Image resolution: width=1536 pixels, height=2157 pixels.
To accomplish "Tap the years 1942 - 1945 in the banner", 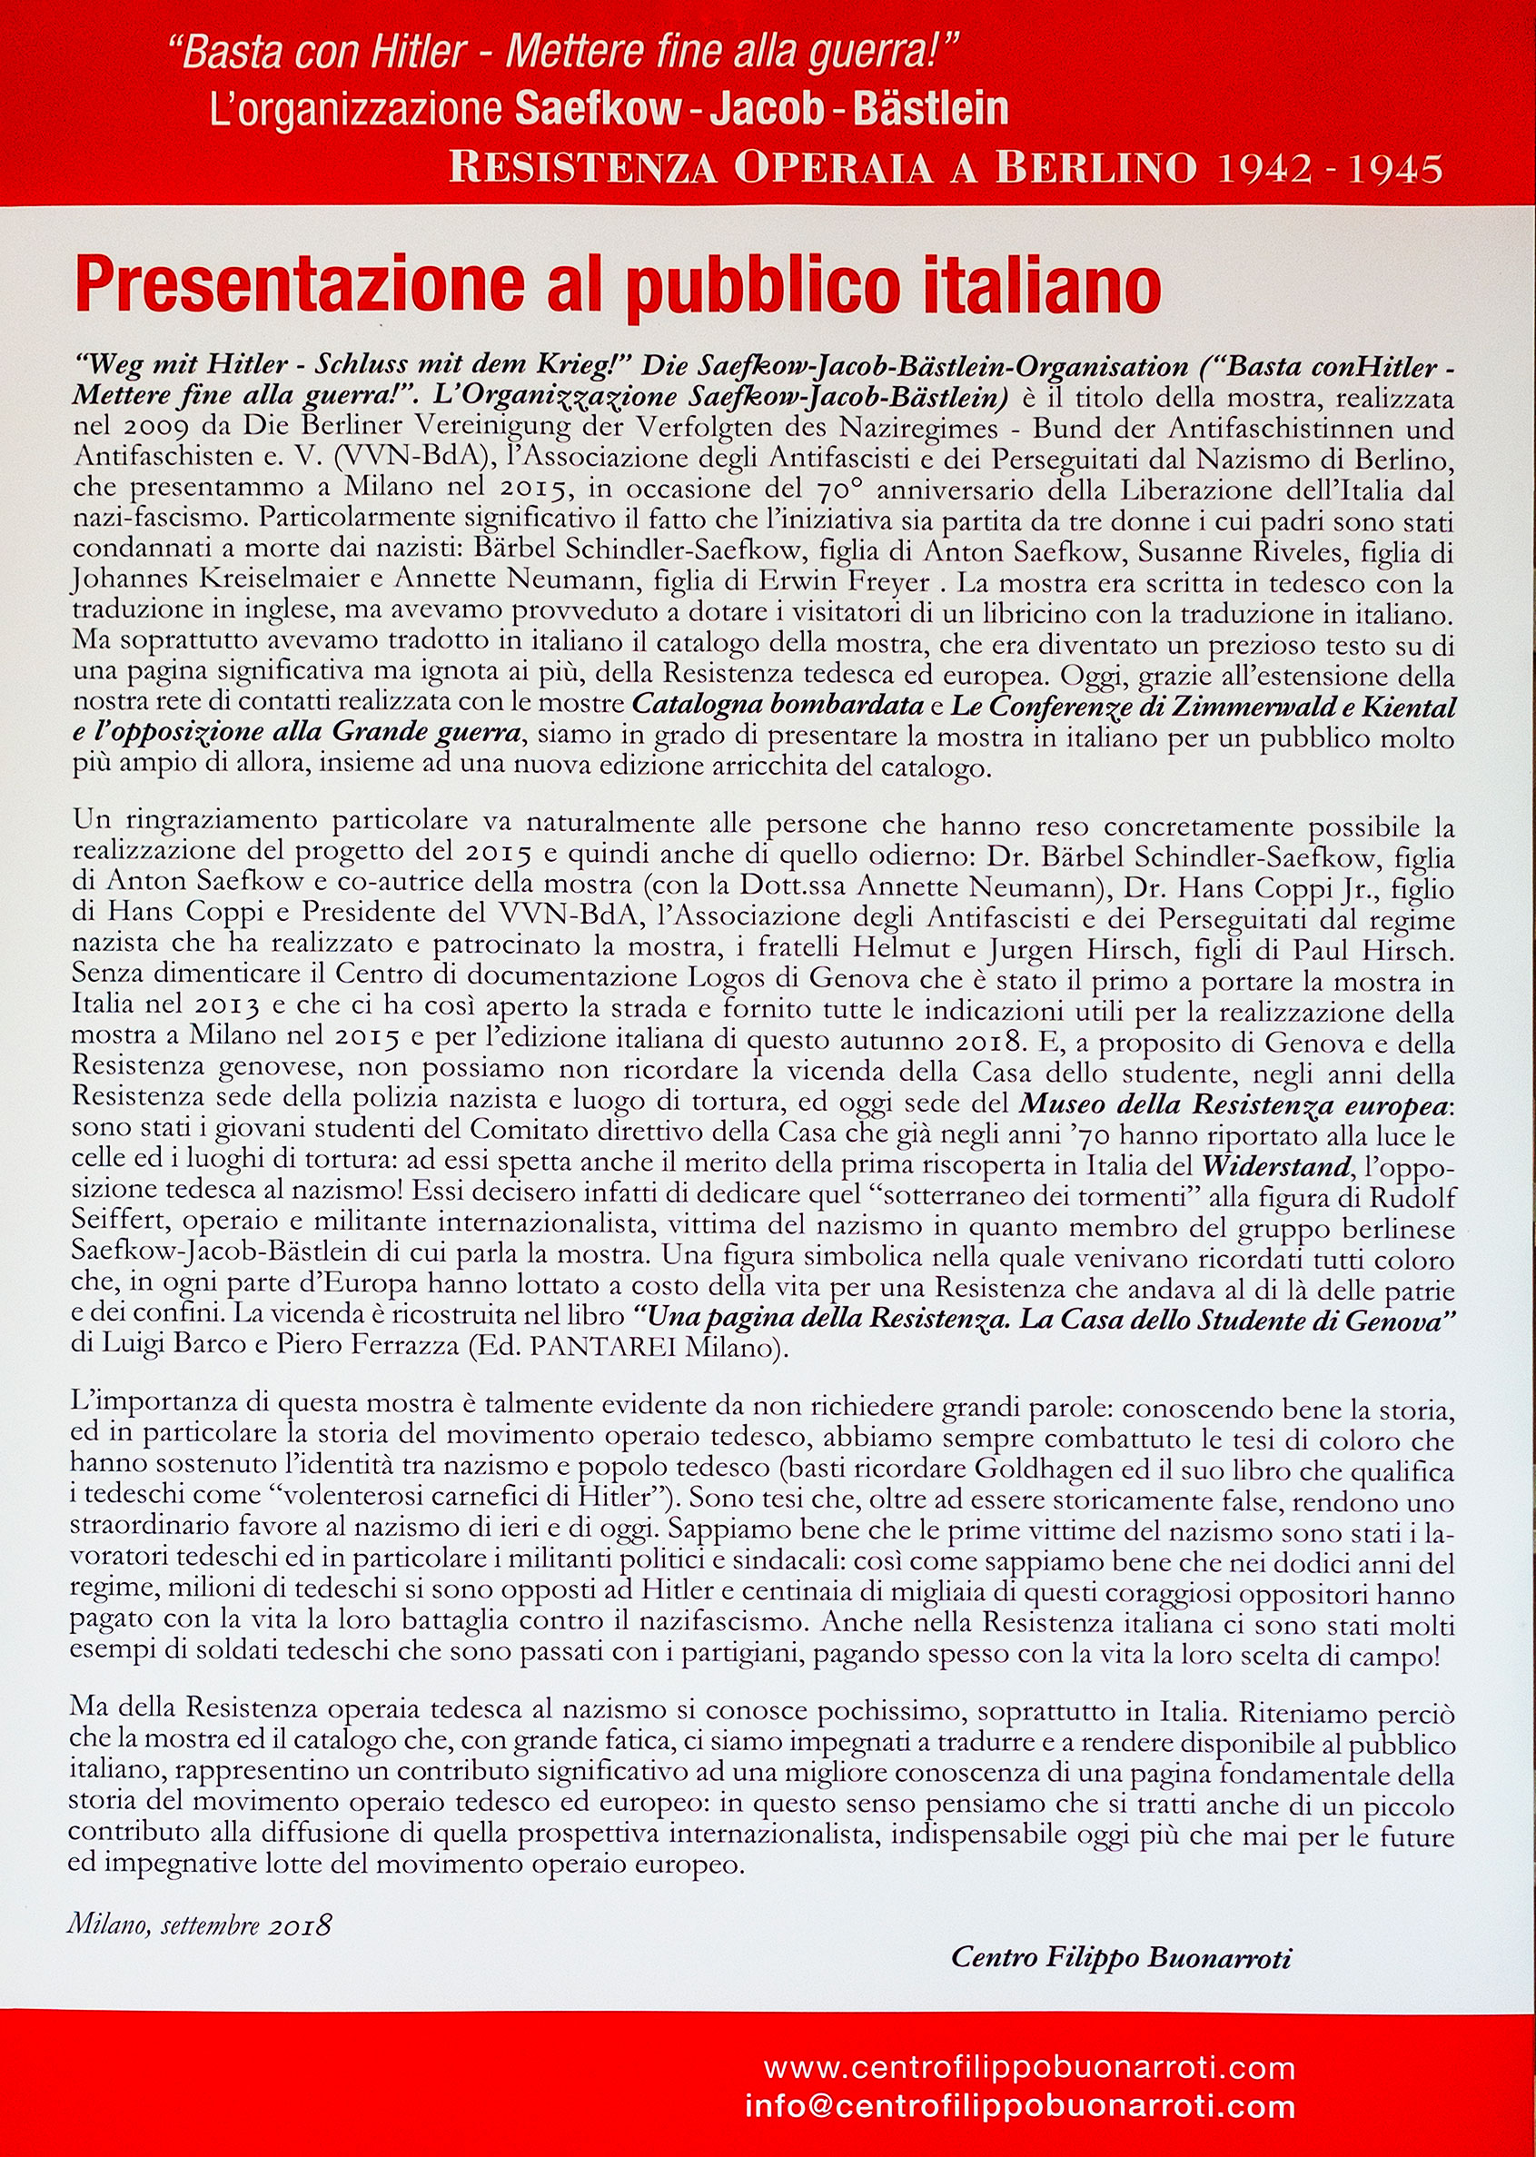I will tap(1329, 168).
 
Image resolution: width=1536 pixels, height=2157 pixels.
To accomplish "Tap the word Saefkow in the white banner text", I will tap(598, 109).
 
